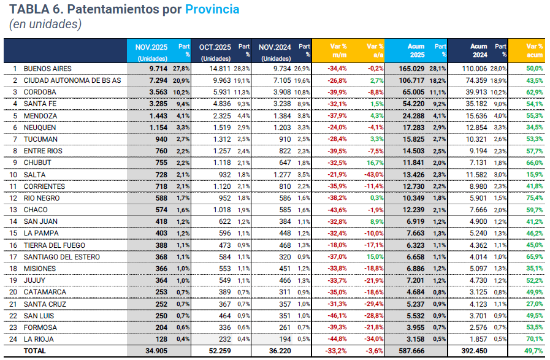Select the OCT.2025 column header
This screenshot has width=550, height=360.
tap(214, 46)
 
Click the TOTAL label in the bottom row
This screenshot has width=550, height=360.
tap(34, 351)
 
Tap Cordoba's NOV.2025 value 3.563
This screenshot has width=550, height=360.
tap(155, 92)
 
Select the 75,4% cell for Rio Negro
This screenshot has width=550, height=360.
tap(533, 198)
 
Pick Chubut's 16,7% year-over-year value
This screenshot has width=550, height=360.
tap(373, 163)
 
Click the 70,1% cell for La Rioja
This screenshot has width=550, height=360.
tap(533, 339)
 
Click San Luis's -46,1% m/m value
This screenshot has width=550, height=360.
tap(338, 315)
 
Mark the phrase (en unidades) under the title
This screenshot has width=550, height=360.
tap(45, 25)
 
